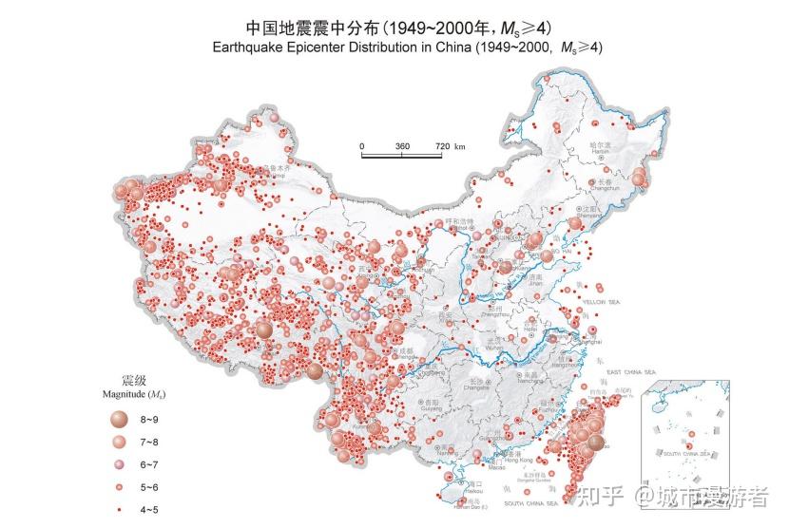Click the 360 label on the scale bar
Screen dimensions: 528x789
click(402, 146)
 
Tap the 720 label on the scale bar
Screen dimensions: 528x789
click(443, 146)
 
